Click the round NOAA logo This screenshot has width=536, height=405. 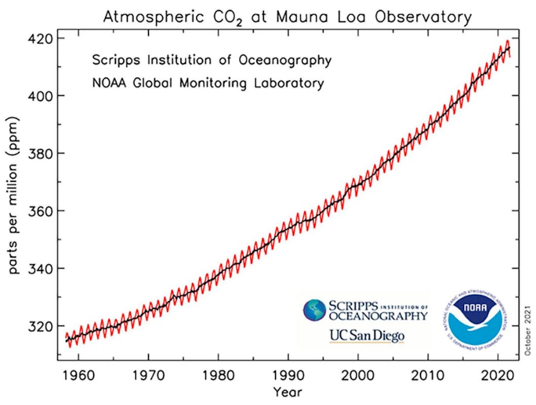(x=474, y=318)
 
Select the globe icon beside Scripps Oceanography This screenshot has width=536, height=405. (x=315, y=310)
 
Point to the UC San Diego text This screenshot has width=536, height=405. (x=367, y=336)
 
